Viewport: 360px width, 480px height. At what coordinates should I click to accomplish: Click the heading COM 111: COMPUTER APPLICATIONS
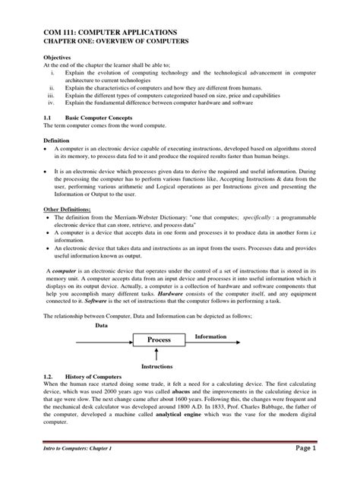(113, 31)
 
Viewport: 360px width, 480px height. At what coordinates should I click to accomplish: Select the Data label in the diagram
(101, 303)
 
